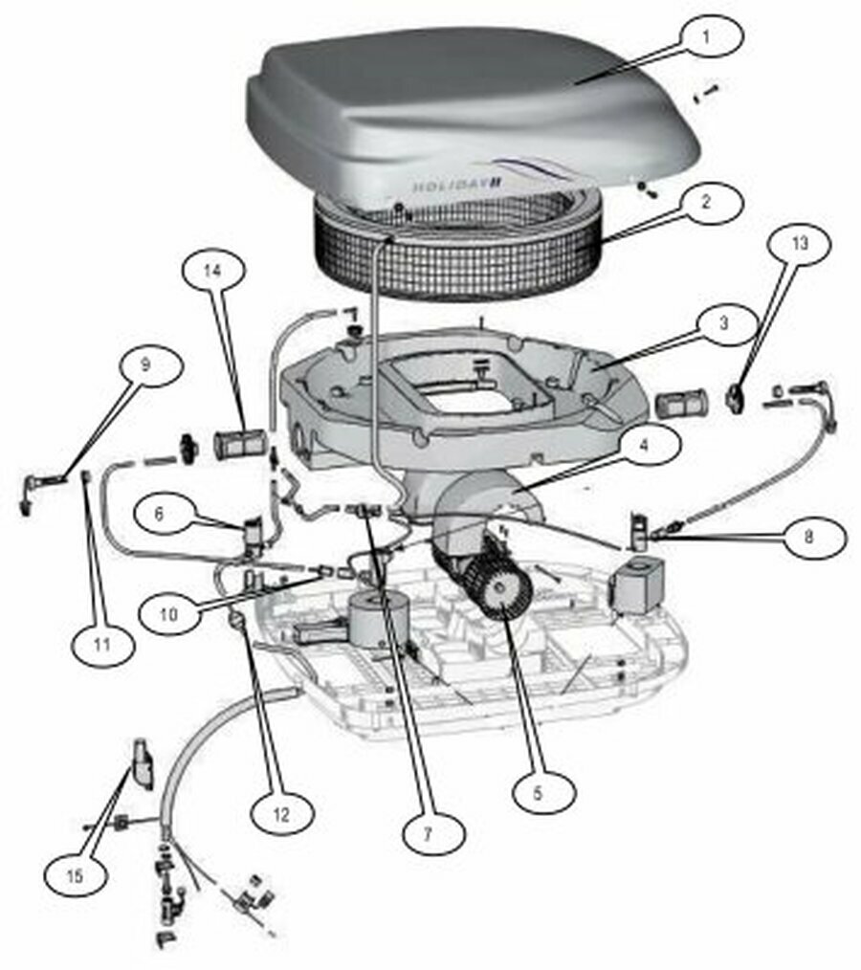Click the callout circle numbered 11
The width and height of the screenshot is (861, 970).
coord(102,645)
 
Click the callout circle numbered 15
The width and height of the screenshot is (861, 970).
coord(75,876)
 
